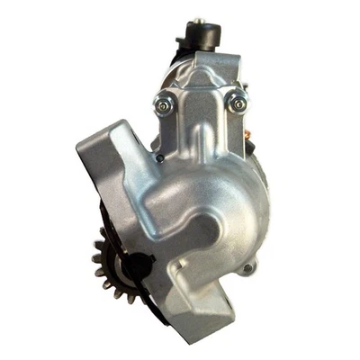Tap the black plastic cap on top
(200, 36)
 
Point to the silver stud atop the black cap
(194, 19)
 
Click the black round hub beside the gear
(135, 266)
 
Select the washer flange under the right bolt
(238, 110)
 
